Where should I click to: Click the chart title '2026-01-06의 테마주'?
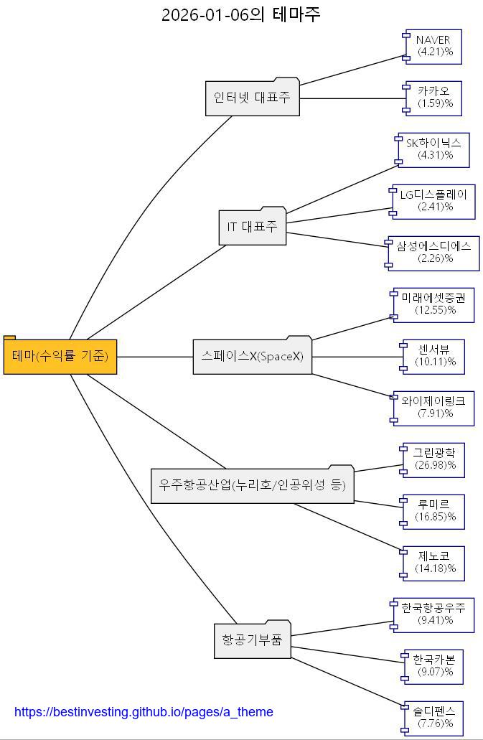240,14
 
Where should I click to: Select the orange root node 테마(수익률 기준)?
60,356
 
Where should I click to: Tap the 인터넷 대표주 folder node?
252,98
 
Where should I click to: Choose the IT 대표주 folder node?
252,227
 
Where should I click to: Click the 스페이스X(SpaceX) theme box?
253,356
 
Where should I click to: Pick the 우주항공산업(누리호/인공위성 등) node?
253,485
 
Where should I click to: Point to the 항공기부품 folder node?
253,640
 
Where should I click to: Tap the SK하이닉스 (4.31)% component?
434,149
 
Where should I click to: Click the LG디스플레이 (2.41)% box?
433,201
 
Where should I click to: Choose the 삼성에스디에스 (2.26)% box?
434,253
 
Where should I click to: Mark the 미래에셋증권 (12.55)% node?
434,304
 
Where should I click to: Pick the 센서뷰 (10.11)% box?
434,356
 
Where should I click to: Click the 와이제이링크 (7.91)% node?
434,408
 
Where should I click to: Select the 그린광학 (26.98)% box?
434,459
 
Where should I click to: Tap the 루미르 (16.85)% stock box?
434,511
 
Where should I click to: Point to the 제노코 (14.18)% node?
434,563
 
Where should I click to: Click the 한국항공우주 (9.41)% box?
434,614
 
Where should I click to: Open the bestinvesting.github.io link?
144,712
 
